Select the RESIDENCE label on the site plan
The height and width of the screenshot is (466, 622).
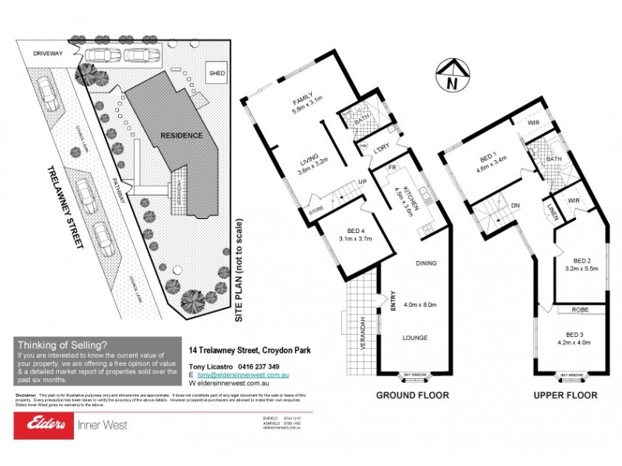point(181,135)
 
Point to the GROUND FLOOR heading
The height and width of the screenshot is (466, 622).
point(413,395)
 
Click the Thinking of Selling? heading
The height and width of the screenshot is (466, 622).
point(62,345)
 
